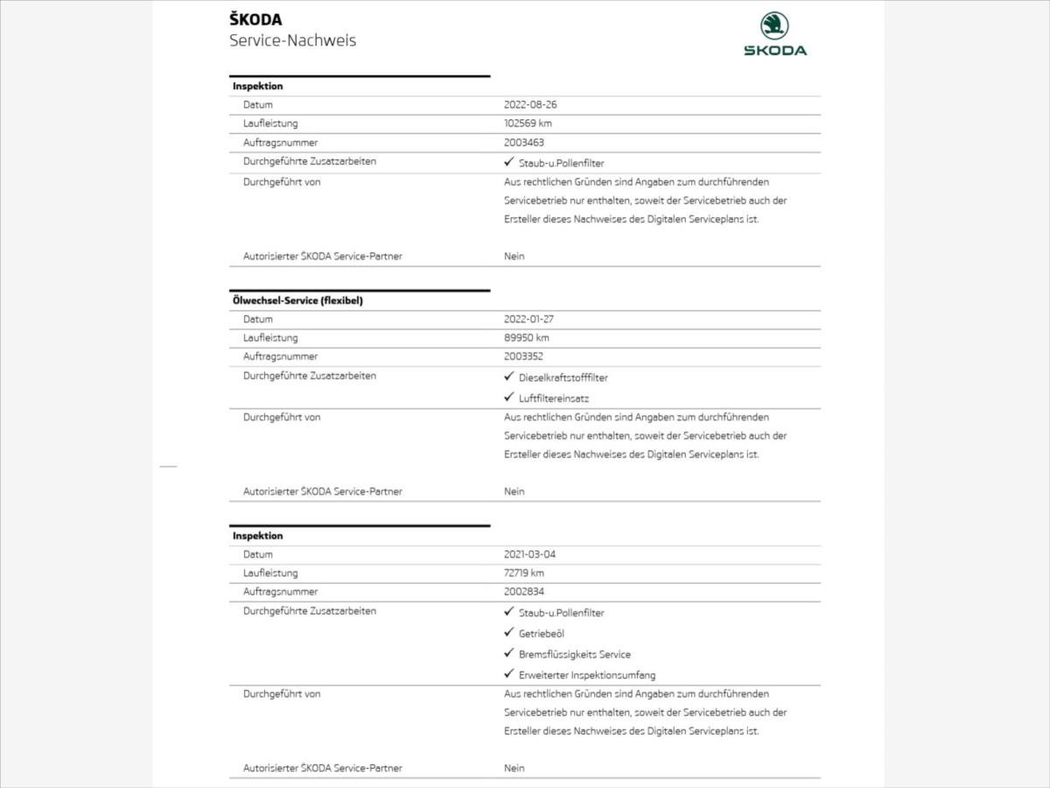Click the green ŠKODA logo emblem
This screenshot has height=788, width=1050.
pos(774,25)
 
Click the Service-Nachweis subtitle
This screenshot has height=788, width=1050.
pos(292,40)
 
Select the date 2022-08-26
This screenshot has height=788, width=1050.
pos(530,104)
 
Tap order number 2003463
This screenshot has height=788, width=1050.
pos(524,142)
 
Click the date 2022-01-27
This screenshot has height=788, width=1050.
pos(528,320)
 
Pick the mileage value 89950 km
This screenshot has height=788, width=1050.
pos(527,338)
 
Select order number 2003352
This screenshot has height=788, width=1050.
pos(524,356)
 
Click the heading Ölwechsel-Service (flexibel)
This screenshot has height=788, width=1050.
pos(297,300)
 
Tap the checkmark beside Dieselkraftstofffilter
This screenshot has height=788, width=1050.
pos(508,376)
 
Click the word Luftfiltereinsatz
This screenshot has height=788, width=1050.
pos(554,398)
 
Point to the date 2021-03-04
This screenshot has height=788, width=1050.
pos(529,554)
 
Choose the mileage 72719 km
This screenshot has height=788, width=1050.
pos(524,573)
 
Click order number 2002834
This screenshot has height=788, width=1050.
pos(524,592)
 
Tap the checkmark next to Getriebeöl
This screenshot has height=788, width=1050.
pos(508,632)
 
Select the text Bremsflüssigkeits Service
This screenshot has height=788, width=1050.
pos(574,654)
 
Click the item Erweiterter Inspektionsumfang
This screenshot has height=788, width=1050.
pos(586,675)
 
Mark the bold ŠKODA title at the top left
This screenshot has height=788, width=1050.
pos(255,20)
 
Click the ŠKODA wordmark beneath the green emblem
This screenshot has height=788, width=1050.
pos(775,51)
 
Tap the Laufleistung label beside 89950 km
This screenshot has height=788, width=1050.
pos(270,338)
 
